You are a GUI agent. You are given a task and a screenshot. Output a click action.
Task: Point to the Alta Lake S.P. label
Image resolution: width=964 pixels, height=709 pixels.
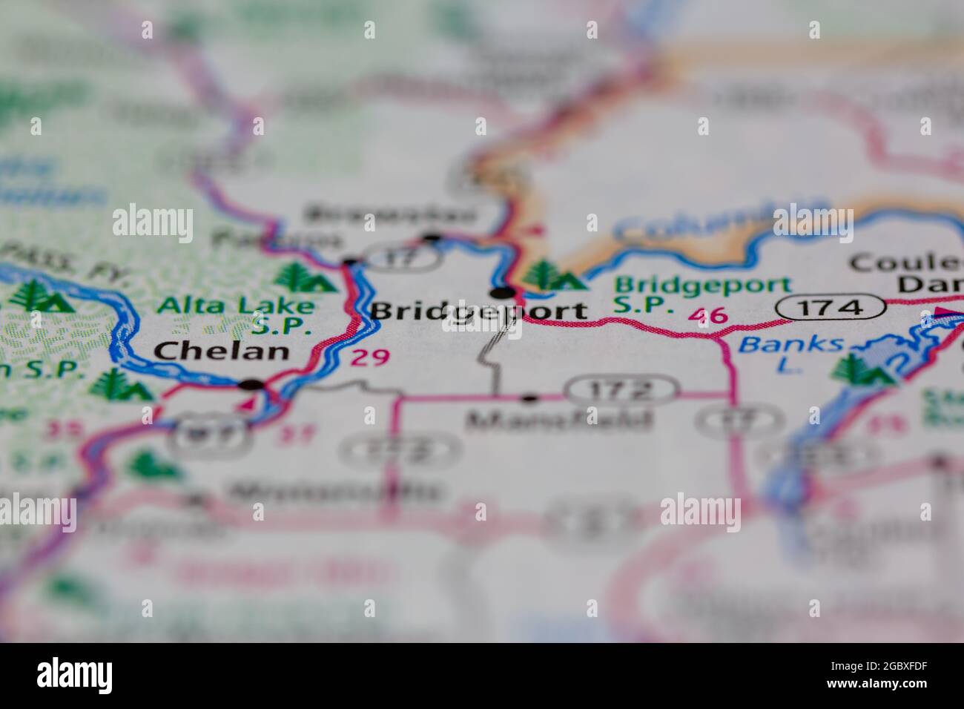[236, 314]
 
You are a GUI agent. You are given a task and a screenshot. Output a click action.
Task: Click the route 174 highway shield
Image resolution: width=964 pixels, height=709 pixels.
[831, 306]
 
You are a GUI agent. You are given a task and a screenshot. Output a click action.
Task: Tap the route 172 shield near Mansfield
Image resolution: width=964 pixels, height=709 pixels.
[621, 389]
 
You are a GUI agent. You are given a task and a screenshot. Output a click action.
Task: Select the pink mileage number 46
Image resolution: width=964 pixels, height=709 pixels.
[707, 316]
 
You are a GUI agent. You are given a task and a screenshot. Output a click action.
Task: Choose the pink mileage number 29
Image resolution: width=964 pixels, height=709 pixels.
[369, 357]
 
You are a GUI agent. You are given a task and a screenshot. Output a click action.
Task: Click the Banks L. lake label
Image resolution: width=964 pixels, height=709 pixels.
[790, 351]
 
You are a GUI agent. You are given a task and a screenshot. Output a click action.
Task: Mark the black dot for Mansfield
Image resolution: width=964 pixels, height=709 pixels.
[529, 399]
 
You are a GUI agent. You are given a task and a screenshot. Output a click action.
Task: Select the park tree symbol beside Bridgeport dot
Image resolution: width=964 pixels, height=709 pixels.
[549, 275]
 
